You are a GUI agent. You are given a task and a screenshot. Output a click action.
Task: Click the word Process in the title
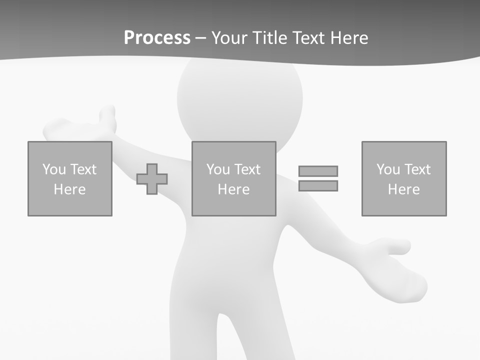click(157, 38)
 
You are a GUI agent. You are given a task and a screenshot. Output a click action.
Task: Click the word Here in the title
click(349, 38)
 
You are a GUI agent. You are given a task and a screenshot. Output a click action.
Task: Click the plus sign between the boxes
click(152, 179)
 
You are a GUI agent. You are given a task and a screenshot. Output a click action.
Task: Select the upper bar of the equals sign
click(318, 171)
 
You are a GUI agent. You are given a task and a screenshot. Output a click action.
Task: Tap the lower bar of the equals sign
click(318, 186)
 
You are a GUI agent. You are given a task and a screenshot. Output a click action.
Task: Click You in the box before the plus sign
click(54, 169)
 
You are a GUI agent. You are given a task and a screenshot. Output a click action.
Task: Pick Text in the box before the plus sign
click(83, 169)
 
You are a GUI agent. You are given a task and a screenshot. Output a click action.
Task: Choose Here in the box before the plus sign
click(69, 189)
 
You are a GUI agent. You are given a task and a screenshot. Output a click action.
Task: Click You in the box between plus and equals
click(218, 169)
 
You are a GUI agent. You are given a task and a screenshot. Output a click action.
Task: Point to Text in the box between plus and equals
click(247, 169)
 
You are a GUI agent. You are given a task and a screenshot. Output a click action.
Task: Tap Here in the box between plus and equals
click(233, 189)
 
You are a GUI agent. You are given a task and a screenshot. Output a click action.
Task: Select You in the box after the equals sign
click(388, 169)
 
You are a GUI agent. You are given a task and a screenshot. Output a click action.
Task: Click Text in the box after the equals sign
click(417, 169)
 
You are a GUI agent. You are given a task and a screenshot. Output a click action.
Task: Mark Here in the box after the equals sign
click(403, 189)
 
